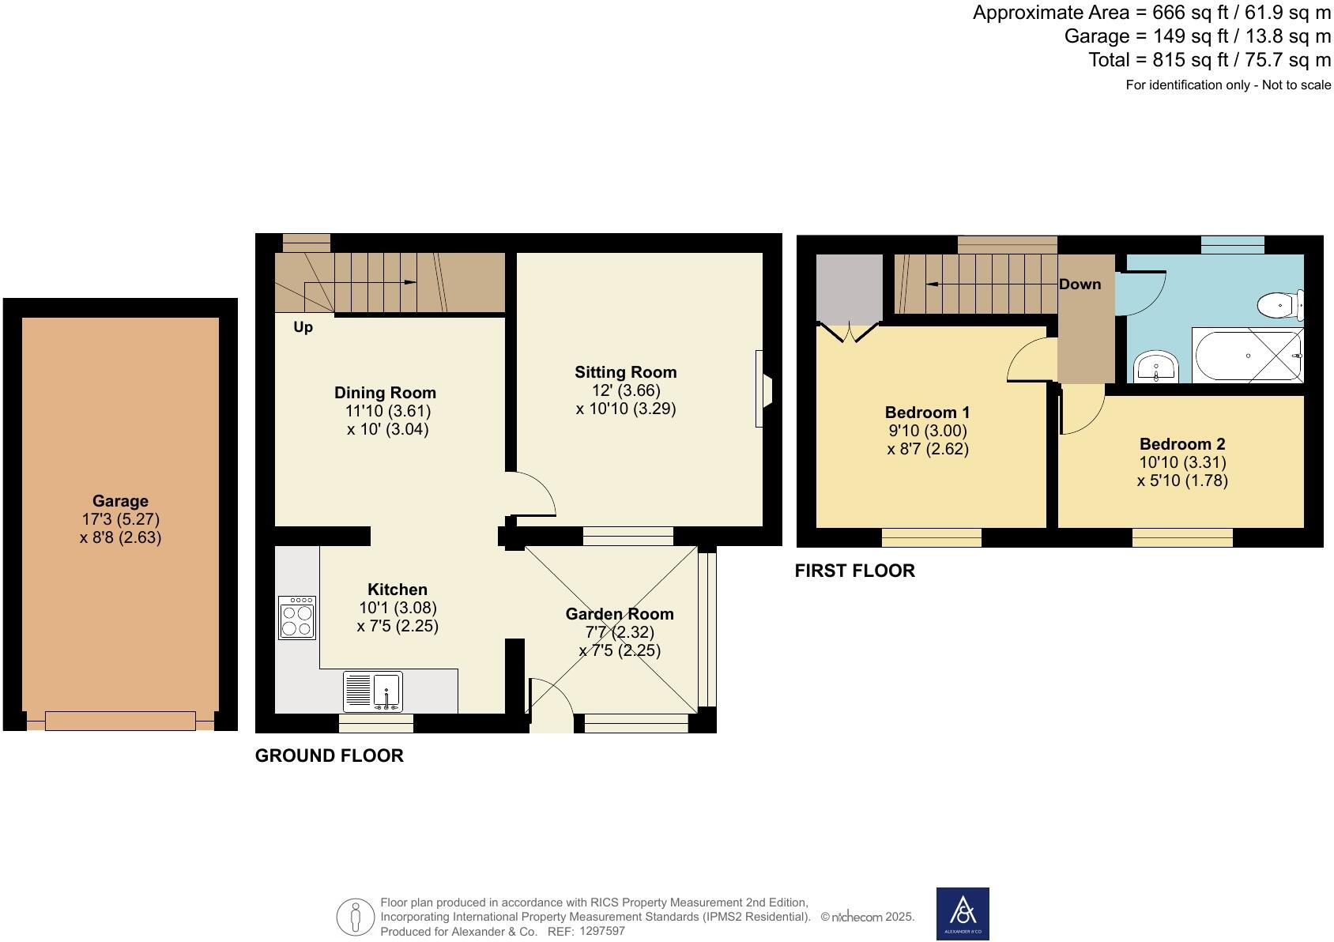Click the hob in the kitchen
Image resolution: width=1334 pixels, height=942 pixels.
297,617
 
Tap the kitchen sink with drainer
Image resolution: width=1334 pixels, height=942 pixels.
373,691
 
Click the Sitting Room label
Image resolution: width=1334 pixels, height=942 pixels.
625,372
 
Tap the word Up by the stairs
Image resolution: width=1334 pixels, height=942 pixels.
303,327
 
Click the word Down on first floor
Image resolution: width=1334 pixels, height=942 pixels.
1080,284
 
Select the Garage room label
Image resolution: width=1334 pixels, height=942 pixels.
120,501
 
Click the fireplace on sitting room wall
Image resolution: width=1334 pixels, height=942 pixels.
763,389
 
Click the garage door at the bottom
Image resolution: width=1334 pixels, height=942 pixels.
120,720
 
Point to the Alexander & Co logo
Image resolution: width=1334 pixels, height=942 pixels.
963,914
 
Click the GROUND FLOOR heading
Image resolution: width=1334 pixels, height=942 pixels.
329,755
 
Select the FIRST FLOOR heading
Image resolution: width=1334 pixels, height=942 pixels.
854,571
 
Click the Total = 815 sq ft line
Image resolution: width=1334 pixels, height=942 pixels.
1209,60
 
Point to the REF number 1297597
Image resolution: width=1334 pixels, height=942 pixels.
601,932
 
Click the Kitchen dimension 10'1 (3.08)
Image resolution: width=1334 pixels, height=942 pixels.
398,608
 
